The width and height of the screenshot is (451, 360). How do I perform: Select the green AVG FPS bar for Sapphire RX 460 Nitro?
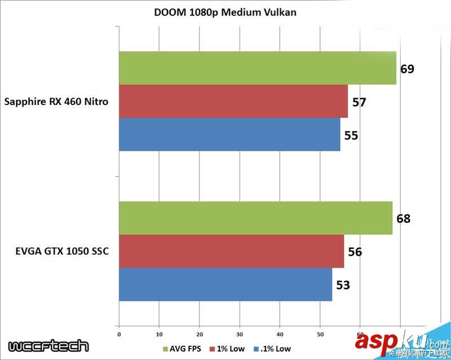[257, 68]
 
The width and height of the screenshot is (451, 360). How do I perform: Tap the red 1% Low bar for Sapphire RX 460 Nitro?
[233, 102]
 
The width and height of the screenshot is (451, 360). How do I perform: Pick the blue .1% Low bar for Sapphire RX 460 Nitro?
[229, 134]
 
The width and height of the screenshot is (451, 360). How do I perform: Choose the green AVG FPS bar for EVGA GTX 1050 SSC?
[255, 218]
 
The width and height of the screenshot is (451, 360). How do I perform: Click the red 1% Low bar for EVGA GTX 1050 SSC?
[231, 251]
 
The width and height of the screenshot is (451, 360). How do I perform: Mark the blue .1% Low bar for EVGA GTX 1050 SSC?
[225, 284]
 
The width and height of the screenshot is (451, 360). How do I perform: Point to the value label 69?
[407, 69]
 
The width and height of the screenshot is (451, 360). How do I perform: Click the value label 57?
[359, 102]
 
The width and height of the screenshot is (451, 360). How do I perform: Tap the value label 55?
[351, 135]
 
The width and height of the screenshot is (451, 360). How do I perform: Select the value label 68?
[403, 219]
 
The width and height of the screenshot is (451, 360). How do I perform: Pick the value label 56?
[355, 252]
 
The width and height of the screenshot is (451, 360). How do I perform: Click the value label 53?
[343, 285]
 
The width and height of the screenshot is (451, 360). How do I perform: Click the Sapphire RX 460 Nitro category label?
[56, 102]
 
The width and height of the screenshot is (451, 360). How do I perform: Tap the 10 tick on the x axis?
[160, 333]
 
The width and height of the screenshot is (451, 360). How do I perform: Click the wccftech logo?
[48, 345]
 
